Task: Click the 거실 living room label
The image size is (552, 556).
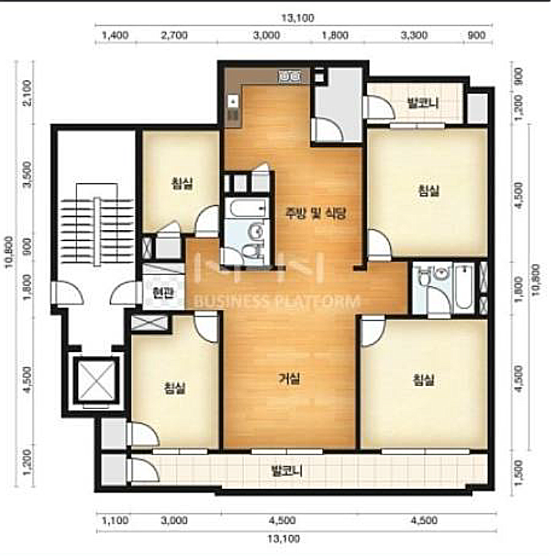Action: coord(290,379)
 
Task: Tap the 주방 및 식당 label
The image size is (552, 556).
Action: coord(315,213)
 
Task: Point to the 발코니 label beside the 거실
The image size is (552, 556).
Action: coord(287,471)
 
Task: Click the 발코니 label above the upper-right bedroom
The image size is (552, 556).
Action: coord(423,103)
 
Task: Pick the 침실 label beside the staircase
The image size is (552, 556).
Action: coord(182,183)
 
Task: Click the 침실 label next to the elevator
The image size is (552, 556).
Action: coord(175,388)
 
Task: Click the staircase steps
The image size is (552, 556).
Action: coord(97,231)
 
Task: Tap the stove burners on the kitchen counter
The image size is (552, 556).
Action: coord(289,76)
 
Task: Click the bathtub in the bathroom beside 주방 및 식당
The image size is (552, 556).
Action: coord(246,208)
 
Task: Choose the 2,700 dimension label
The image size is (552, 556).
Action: coord(174,35)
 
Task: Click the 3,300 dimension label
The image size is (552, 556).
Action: coord(414,35)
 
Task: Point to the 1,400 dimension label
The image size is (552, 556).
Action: coord(115,35)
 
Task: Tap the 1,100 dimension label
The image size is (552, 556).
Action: coord(115,521)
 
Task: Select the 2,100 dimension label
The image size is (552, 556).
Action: coord(27,93)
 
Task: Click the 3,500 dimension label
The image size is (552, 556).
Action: coord(27,175)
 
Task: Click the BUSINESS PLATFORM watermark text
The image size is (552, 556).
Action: coord(277,302)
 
